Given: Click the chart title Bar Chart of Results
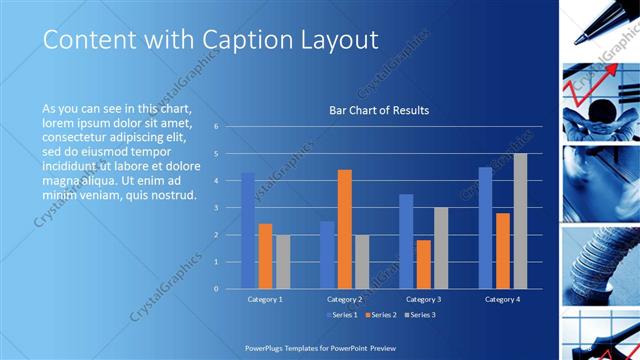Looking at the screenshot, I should coord(379,110).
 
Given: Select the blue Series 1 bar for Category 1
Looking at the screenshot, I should coord(247,231).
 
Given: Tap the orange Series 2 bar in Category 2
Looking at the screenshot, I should coord(344,229).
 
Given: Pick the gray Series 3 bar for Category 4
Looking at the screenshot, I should coord(520,221).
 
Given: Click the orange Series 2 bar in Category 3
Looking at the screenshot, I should coord(423,264).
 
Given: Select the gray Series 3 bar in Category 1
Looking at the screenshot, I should coord(283,262).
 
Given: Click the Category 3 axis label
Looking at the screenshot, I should coord(423,299).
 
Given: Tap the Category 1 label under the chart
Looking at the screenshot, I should coord(265,299).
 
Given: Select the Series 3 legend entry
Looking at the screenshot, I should coord(419,315).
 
